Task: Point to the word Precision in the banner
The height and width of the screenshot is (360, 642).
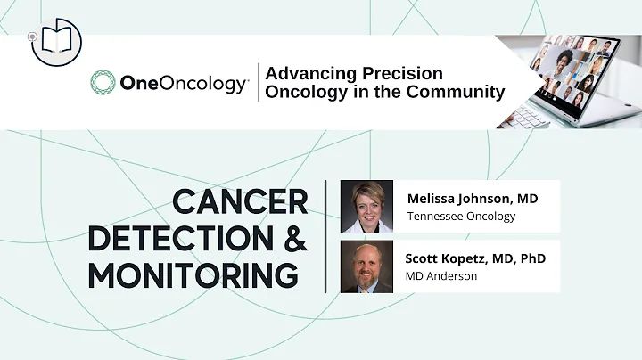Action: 402,73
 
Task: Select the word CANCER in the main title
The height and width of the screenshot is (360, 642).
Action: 240,203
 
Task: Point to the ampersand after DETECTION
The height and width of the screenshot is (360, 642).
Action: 292,239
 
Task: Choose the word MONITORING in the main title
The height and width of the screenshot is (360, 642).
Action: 193,275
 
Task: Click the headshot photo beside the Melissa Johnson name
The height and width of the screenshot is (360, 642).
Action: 366,206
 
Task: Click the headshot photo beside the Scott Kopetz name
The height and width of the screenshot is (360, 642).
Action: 366,266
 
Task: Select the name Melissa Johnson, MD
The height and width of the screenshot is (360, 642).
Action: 472,197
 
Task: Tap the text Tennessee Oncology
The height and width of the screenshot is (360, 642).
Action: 461,217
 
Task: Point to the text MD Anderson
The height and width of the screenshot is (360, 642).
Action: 441,276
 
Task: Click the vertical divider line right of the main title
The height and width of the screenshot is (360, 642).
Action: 325,236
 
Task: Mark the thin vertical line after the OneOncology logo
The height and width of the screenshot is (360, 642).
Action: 258,83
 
